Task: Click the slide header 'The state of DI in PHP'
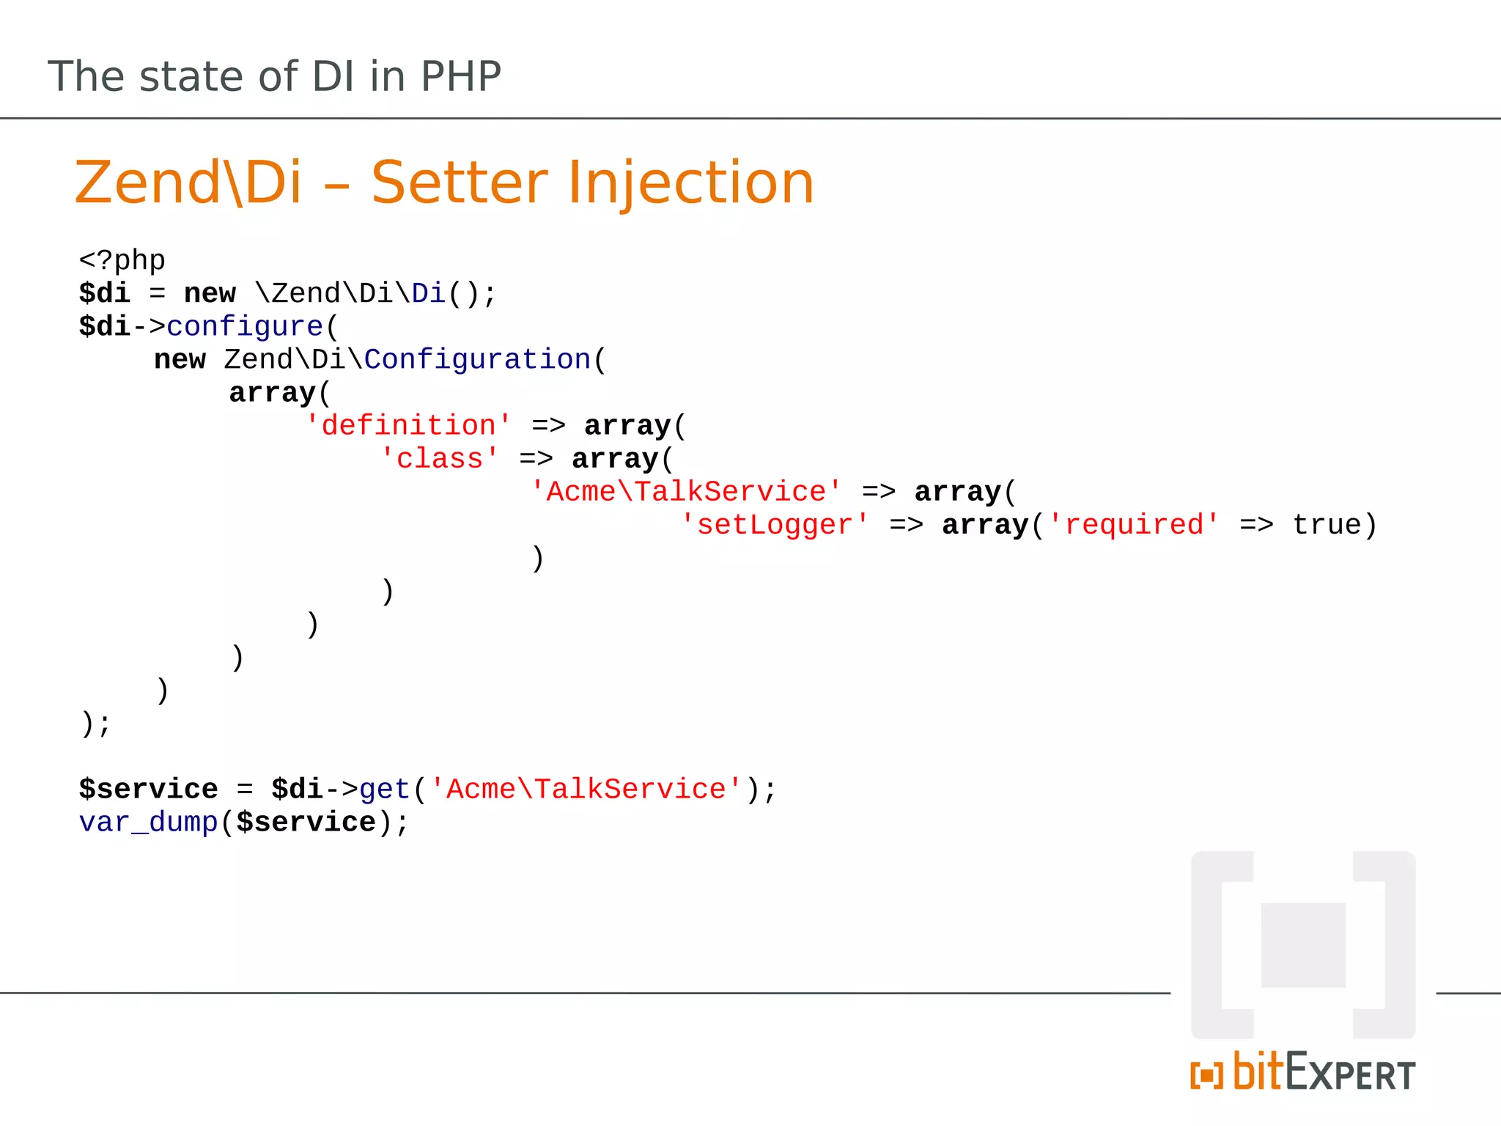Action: pos(274,76)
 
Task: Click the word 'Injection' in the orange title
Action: pos(690,183)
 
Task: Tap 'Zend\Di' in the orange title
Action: pos(188,183)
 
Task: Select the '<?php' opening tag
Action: pos(122,260)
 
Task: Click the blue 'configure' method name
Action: pos(245,326)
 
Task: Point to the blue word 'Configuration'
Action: pos(477,359)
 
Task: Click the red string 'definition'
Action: pos(408,425)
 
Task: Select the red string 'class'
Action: pos(440,458)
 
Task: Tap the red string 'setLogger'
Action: pos(775,525)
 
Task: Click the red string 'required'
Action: pos(1134,525)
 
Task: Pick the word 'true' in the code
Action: pos(1327,525)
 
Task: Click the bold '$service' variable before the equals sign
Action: pos(148,790)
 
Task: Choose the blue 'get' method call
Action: pos(384,790)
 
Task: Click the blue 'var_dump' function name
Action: pos(148,823)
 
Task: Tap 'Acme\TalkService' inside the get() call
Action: pos(586,790)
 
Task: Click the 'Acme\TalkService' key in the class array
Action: pos(686,491)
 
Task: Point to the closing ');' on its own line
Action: pos(95,724)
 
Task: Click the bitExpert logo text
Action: pos(1324,1072)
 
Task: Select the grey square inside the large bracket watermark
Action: pos(1303,946)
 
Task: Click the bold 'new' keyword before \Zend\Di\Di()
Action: pos(210,293)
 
